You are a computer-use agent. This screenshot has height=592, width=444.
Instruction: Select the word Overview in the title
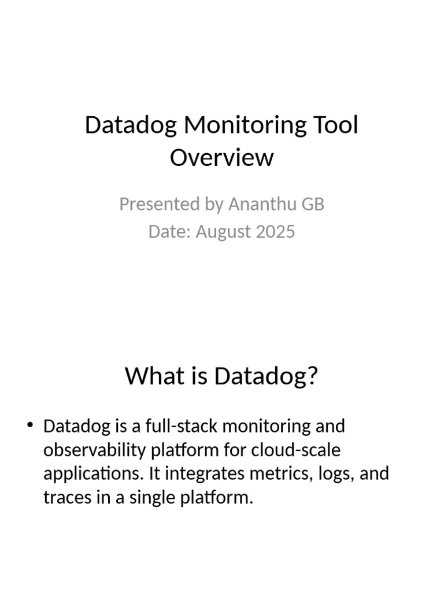[x=221, y=157]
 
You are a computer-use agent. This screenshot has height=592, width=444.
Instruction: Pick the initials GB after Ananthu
[x=312, y=204]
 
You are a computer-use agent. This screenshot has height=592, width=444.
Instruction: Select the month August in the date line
[x=223, y=231]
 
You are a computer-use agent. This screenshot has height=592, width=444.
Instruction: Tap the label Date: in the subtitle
[x=169, y=231]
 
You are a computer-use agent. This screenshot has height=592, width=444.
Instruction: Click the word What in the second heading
[x=148, y=376]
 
